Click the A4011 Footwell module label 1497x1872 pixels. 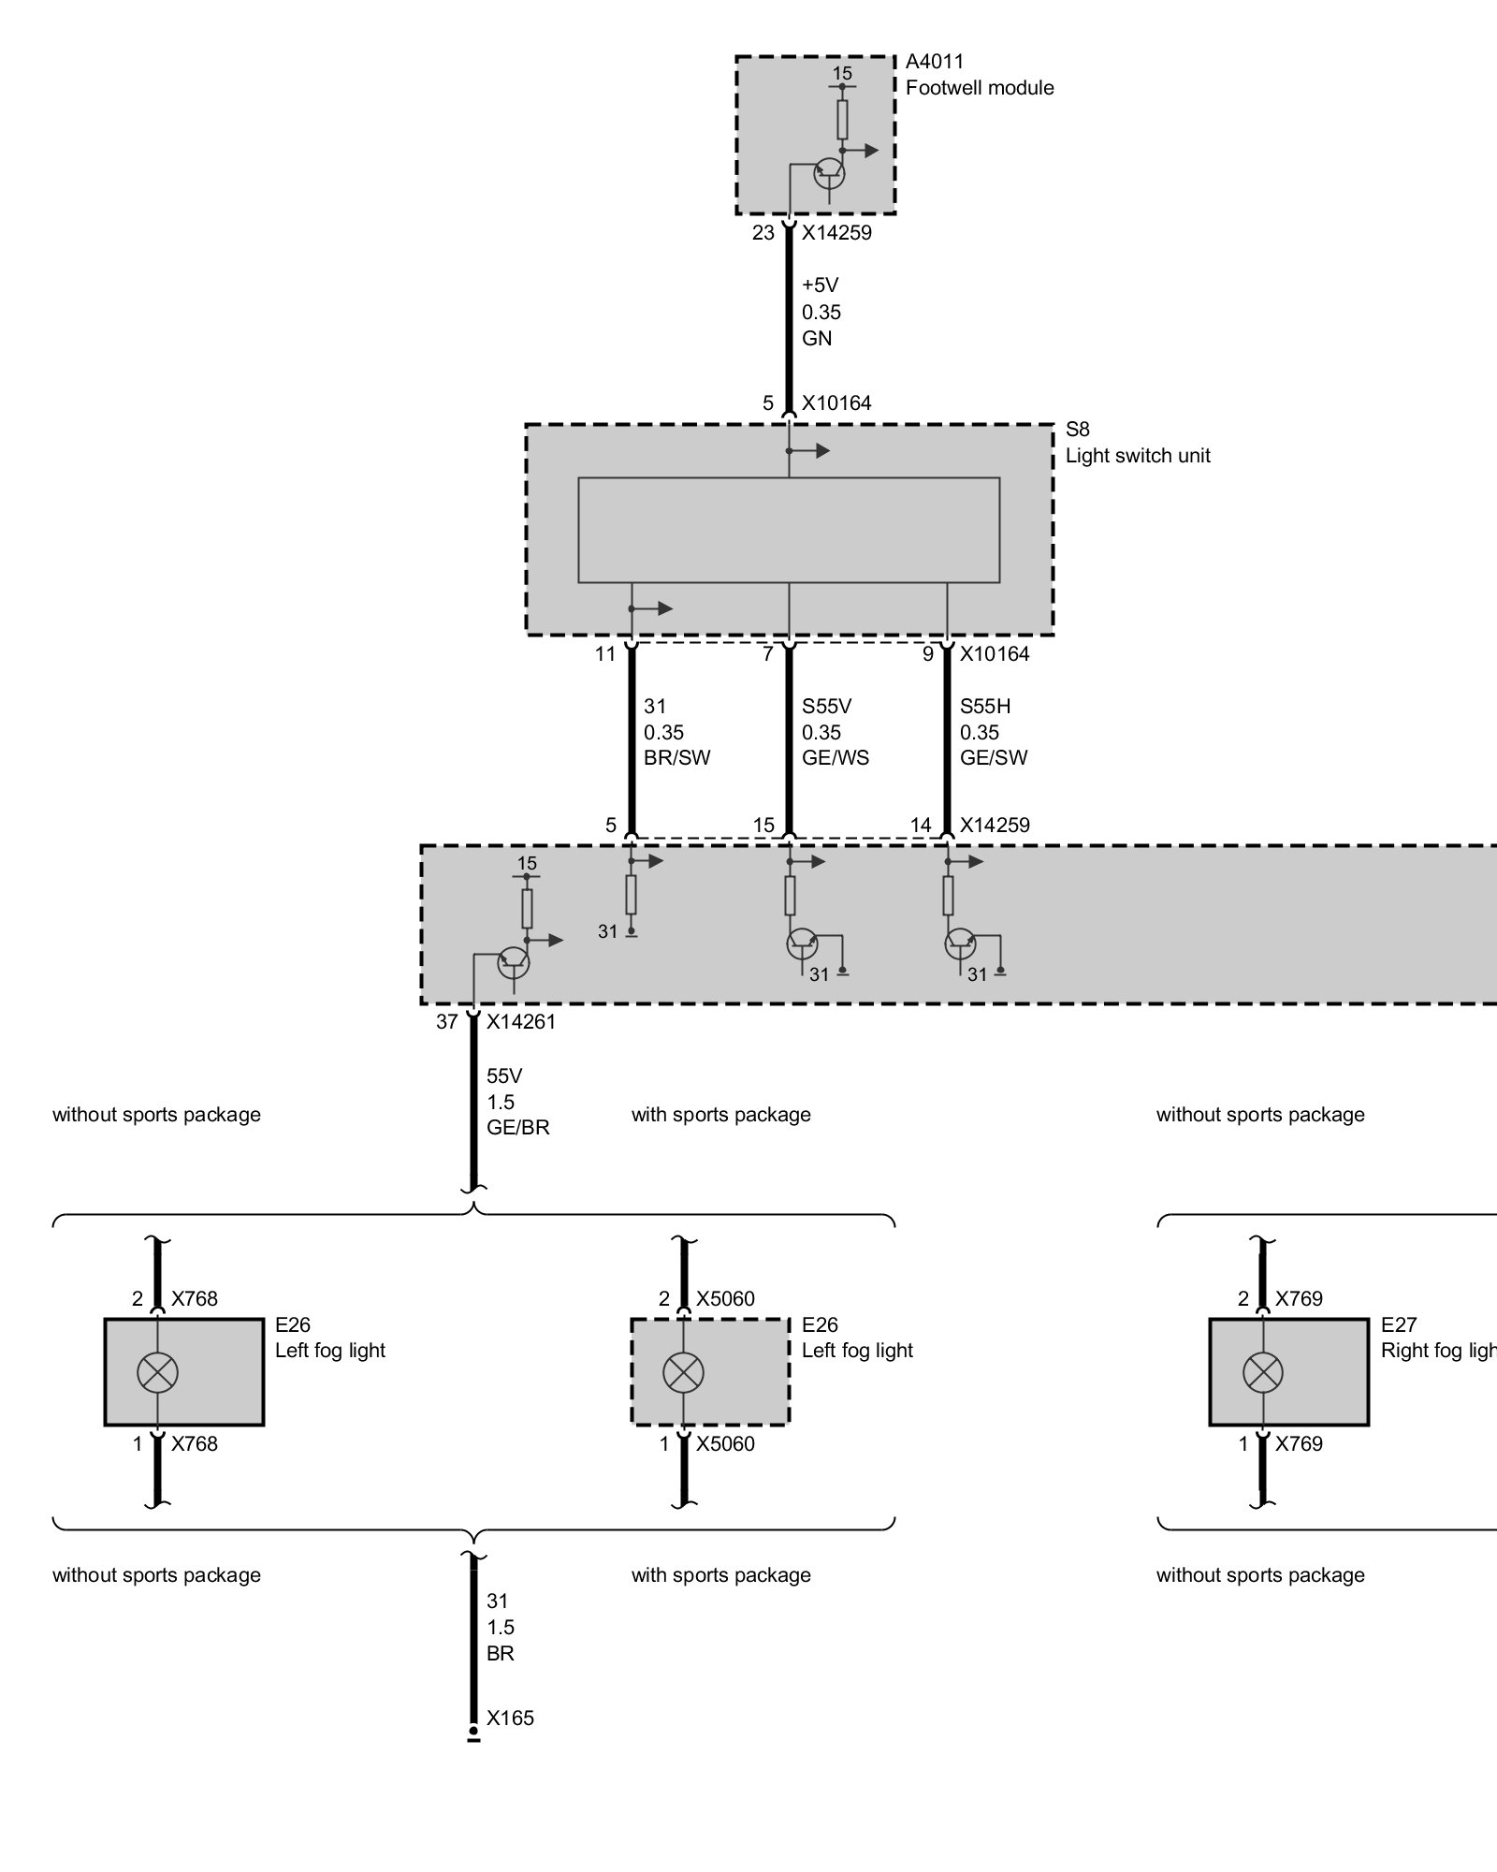tap(979, 75)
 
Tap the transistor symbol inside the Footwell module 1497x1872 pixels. tap(829, 173)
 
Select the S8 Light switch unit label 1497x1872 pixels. tap(1137, 443)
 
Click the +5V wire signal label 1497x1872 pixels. tap(821, 285)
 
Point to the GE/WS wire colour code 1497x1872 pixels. tap(835, 758)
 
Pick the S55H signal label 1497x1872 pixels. tap(985, 707)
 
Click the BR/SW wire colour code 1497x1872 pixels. tap(676, 758)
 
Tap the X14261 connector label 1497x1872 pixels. tap(520, 1021)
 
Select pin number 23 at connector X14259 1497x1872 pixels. tap(763, 233)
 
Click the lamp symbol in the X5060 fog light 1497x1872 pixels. tap(683, 1373)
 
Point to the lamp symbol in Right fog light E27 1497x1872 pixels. tap(1262, 1373)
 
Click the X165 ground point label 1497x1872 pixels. tap(510, 1718)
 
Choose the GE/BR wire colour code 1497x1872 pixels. tap(517, 1128)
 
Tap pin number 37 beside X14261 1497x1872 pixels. tap(447, 1021)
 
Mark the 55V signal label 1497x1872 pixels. tap(504, 1076)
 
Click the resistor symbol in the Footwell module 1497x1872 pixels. tap(842, 119)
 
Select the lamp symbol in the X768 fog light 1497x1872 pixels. tap(157, 1373)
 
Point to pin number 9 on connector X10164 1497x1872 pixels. tap(928, 654)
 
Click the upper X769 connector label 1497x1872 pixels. tap(1299, 1298)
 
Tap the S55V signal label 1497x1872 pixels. tap(827, 707)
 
